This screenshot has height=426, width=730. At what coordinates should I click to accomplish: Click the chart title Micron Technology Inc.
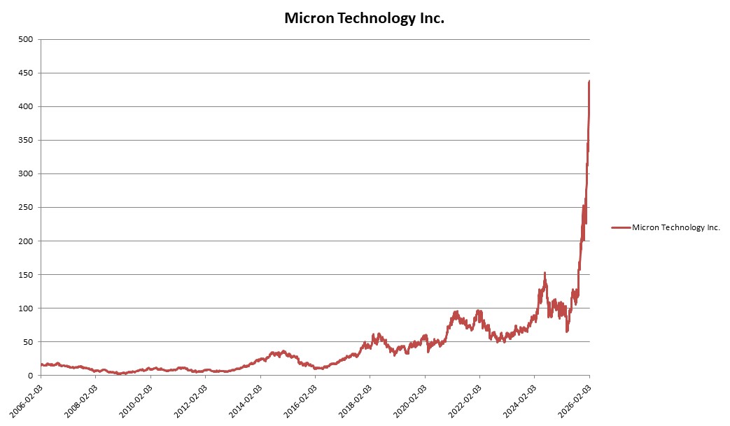364,19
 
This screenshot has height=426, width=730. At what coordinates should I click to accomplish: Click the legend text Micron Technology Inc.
675,227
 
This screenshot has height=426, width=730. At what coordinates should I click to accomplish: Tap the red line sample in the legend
620,227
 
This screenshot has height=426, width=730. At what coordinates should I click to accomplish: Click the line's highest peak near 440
589,81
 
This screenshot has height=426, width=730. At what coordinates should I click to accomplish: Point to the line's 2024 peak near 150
545,274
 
